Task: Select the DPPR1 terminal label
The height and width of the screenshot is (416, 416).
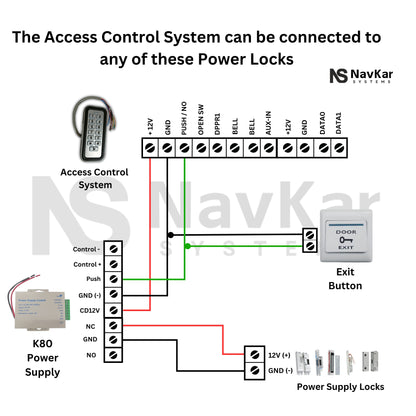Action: [218, 122]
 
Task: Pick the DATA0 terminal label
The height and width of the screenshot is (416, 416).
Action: [323, 122]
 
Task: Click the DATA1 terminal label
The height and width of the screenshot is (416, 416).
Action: [340, 122]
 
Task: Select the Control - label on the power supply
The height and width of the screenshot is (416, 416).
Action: [85, 248]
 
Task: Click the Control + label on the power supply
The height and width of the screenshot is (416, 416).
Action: [85, 264]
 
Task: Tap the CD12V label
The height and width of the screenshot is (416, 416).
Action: [88, 310]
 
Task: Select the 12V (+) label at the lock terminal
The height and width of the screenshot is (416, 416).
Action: [280, 355]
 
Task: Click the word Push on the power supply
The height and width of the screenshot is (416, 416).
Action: [93, 279]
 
